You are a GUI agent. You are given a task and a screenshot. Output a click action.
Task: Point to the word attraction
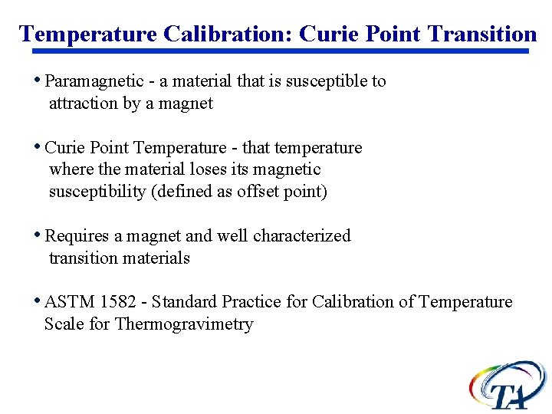84,103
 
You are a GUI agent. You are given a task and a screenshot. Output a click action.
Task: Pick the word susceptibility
98,192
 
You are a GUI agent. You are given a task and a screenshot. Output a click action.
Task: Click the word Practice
251,302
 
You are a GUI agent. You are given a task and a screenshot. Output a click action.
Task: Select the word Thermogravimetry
184,324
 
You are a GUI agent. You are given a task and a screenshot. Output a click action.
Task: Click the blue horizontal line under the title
280,51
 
